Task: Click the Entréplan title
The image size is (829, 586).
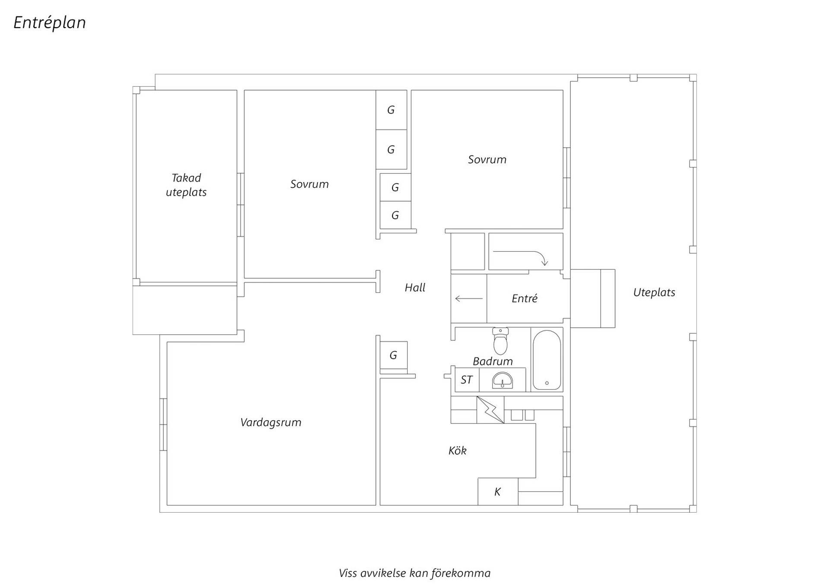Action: [50, 23]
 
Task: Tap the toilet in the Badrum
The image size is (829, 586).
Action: [500, 341]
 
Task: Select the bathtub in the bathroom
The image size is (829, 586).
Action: [547, 360]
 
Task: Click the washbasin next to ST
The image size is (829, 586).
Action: [503, 380]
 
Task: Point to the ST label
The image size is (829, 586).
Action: [466, 380]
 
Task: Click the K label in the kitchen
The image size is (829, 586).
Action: [497, 491]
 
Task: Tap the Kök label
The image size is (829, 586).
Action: [457, 451]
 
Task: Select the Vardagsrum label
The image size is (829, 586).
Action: [271, 422]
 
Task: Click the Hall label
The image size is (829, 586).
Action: [415, 288]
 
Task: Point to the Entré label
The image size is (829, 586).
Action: [525, 298]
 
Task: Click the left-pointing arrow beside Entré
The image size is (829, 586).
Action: [469, 298]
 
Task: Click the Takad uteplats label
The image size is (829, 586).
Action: [186, 185]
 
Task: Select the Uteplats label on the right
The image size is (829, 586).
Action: [654, 292]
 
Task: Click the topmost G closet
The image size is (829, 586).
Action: [391, 110]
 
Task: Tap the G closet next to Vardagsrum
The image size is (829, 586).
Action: [393, 355]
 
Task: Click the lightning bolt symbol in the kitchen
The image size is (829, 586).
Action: [490, 409]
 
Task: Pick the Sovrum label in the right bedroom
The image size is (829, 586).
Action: [487, 160]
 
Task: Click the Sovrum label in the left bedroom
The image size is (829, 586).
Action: [309, 184]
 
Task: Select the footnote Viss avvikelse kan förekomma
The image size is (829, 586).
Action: [414, 573]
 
